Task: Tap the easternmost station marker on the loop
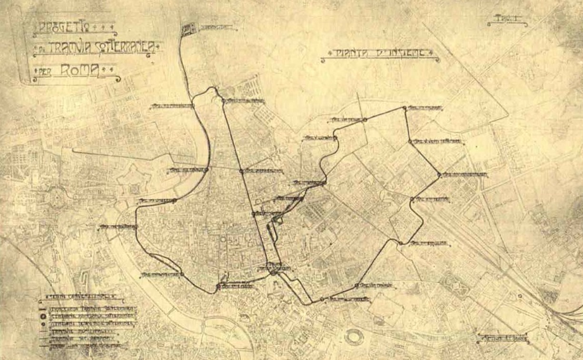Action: (438, 175)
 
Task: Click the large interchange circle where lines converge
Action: (273, 269)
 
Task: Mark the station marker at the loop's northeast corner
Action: (404, 108)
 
